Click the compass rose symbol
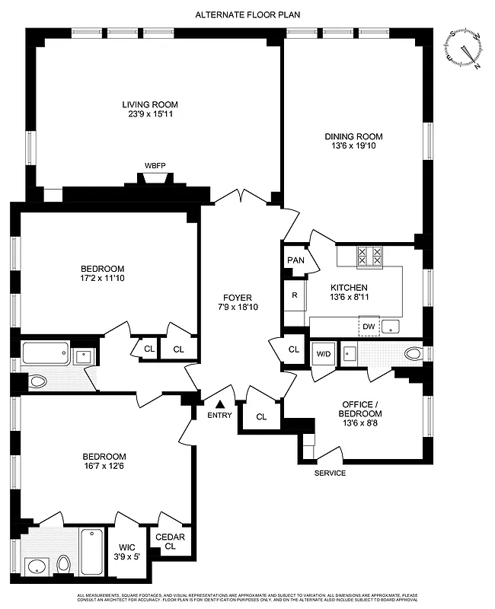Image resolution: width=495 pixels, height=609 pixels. coord(465,49)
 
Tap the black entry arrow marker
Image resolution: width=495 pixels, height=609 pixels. coord(220,405)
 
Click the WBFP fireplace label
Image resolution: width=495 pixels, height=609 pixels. coord(155,165)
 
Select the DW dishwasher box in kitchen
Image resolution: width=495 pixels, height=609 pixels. coord(369,326)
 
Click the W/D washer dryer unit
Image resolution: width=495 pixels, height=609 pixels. coord(323,354)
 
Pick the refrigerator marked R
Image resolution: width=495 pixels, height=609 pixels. coord(294,295)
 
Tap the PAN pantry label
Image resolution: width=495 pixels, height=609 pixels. coord(295,260)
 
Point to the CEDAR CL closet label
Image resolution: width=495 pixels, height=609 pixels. coord(170,541)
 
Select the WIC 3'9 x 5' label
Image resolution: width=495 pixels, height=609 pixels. coord(125,552)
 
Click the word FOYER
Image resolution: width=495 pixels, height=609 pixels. coord(237,298)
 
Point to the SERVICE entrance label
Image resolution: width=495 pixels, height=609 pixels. coord(330,473)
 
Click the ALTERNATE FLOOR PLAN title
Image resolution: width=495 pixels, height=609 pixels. coord(247,14)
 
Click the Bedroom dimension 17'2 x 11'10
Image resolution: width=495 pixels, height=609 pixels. coord(102,279)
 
